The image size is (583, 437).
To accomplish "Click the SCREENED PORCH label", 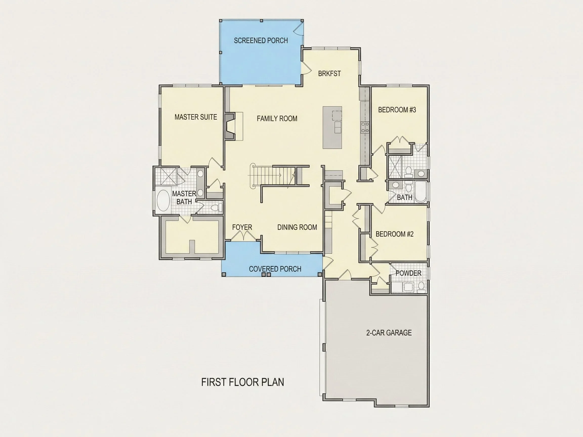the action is click(x=261, y=40).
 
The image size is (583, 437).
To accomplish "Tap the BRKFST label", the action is click(x=329, y=74).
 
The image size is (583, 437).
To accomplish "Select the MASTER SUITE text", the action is click(x=196, y=117).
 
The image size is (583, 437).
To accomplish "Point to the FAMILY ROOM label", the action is click(x=277, y=119).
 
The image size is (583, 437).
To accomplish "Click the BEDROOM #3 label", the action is click(x=397, y=110).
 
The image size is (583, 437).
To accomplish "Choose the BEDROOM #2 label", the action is click(x=394, y=234).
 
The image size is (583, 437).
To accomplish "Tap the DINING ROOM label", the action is click(x=297, y=227).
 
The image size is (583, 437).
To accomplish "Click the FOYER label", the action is click(x=242, y=227).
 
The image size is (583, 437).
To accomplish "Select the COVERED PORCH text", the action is click(x=275, y=269).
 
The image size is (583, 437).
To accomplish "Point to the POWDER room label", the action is click(x=408, y=273).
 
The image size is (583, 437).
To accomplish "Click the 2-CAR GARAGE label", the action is click(x=389, y=333).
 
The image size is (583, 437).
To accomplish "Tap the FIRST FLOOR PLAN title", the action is click(x=242, y=382).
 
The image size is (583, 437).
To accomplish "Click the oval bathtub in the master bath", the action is click(x=163, y=200).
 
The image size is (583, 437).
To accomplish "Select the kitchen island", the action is click(x=332, y=127).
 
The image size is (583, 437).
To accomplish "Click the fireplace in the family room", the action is click(x=230, y=126).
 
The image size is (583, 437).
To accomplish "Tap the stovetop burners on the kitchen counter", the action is click(x=365, y=127).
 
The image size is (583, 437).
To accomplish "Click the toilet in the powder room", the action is click(x=421, y=287).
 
